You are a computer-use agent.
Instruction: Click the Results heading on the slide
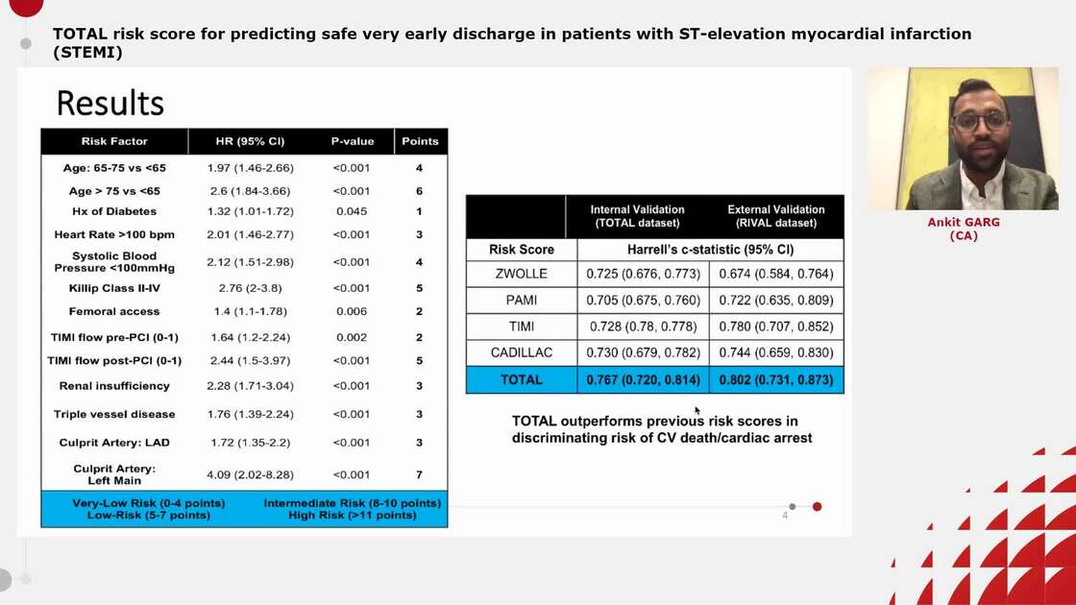(110, 103)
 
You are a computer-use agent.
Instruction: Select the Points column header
(420, 141)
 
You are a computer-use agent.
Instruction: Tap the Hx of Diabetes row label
(114, 211)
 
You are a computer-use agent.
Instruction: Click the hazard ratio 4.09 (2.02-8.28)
(250, 474)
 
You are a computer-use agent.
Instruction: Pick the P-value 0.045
(353, 211)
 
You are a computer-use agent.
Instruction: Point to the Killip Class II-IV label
(114, 288)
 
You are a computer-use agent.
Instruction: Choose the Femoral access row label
(114, 311)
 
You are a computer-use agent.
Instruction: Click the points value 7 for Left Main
(420, 474)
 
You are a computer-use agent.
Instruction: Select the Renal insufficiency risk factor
(114, 386)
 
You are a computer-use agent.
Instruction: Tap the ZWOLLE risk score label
(522, 274)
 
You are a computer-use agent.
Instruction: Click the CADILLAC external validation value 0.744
(776, 352)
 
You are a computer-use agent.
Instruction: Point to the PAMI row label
(522, 301)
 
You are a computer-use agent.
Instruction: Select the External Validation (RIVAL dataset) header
(776, 216)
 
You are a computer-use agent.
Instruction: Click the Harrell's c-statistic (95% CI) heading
(710, 250)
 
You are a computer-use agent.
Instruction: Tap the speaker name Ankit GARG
(963, 222)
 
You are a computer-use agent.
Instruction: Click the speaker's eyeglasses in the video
(980, 120)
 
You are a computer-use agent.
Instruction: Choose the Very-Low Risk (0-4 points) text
(149, 503)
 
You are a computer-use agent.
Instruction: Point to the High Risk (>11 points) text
(353, 516)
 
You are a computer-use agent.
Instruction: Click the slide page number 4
(785, 516)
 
